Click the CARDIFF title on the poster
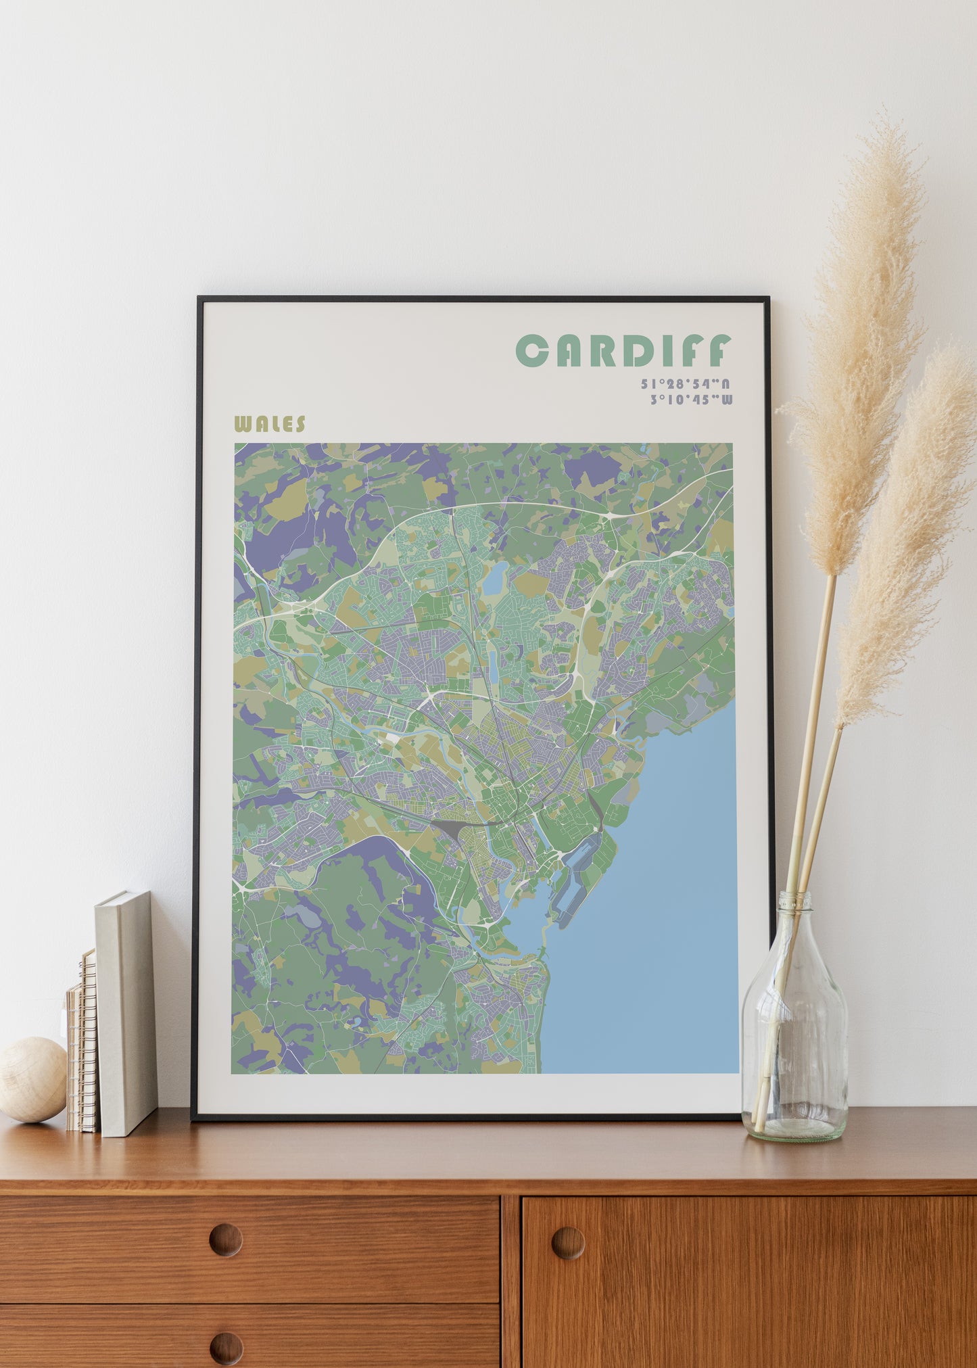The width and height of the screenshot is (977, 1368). tap(623, 350)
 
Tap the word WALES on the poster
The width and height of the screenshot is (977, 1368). tap(269, 425)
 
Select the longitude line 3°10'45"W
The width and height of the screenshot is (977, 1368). tap(690, 400)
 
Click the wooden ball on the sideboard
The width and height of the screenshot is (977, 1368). tap(32, 1079)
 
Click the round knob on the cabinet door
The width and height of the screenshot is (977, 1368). tap(567, 1242)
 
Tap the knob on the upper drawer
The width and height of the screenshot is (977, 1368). tap(225, 1240)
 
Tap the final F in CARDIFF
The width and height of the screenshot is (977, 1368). tap(721, 350)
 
